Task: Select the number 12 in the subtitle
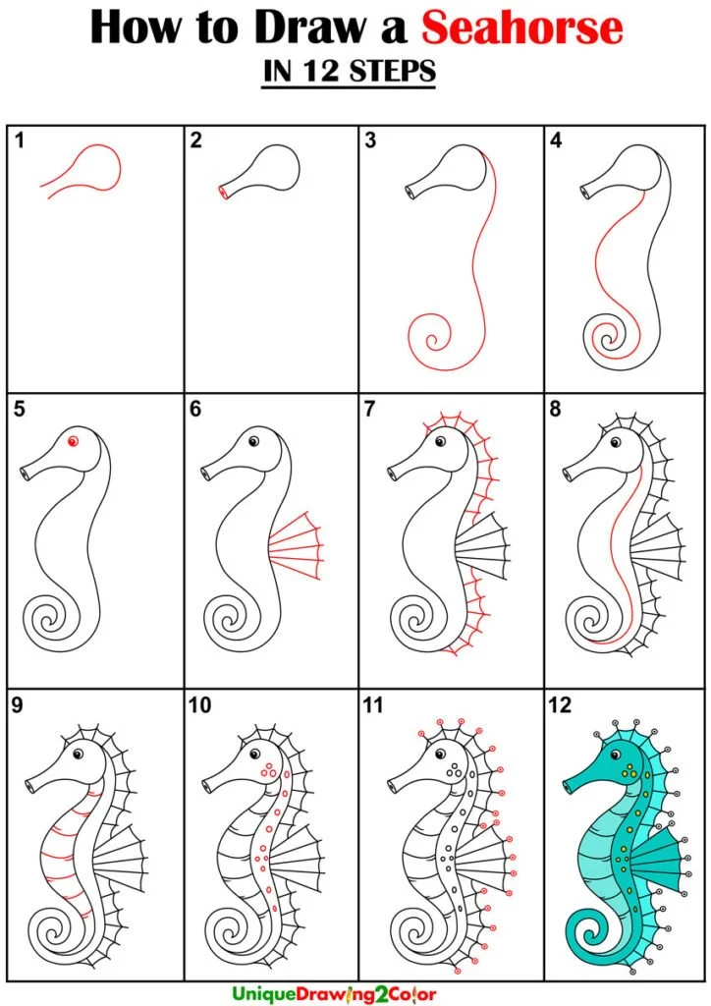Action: click(x=320, y=71)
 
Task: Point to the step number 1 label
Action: click(x=20, y=140)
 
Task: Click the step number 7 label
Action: click(x=370, y=408)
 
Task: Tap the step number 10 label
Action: click(x=199, y=705)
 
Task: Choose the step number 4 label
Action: click(x=556, y=140)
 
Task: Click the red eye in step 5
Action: click(x=73, y=441)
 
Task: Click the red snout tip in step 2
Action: click(x=223, y=192)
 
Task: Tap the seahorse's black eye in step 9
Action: click(x=79, y=754)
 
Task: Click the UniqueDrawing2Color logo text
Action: click(x=334, y=994)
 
